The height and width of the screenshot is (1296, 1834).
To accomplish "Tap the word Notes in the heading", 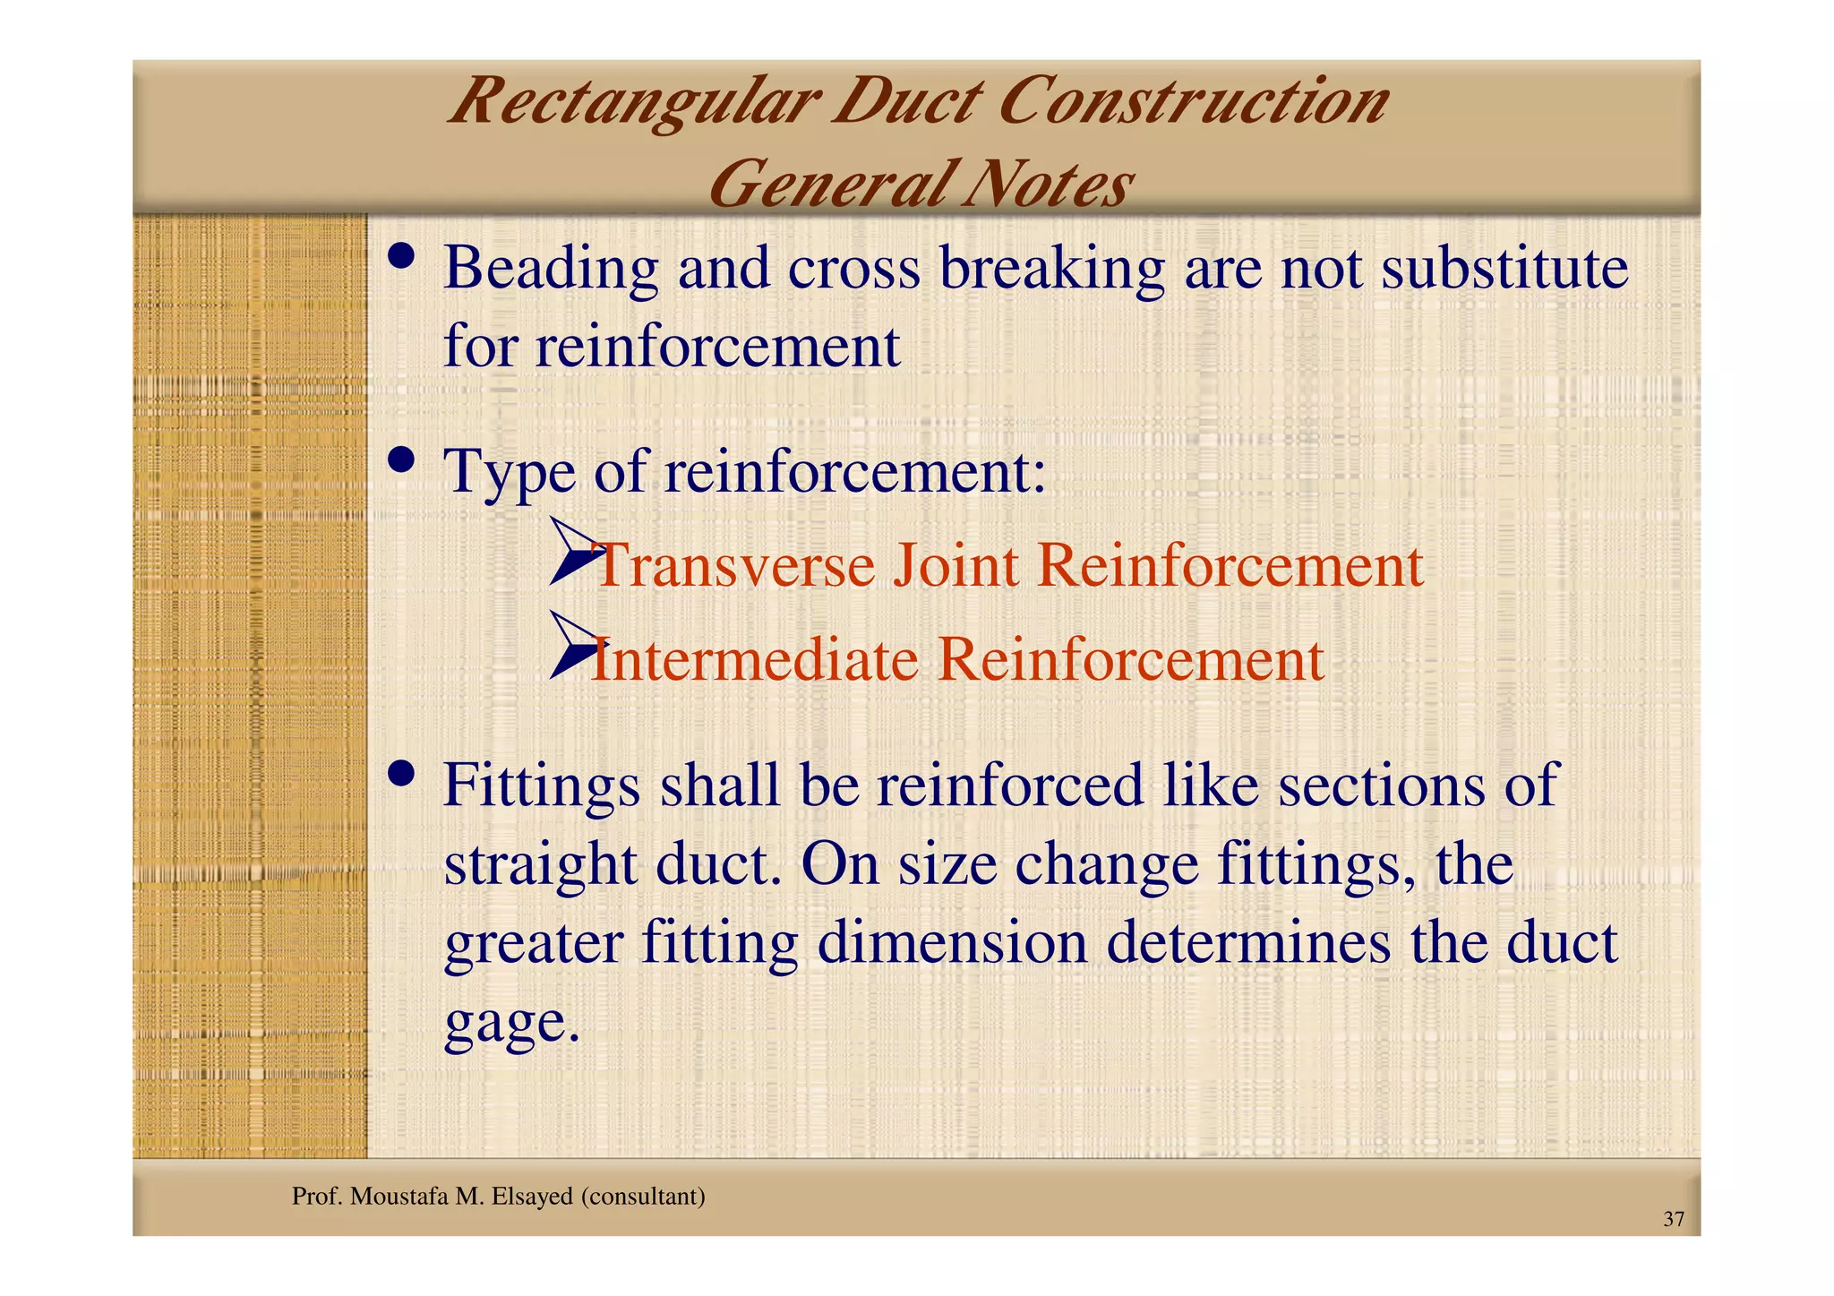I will pyautogui.click(x=1046, y=185).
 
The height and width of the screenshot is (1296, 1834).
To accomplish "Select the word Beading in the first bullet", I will pyautogui.click(x=550, y=268).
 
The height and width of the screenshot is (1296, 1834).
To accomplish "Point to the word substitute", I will pyautogui.click(x=1504, y=268).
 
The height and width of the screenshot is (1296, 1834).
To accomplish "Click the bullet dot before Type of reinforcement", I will pyautogui.click(x=401, y=461).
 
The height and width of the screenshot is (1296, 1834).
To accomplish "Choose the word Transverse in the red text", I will pyautogui.click(x=734, y=566).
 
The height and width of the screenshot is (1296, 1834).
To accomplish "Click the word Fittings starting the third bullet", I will pyautogui.click(x=541, y=785).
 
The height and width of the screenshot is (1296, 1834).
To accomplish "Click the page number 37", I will pyautogui.click(x=1673, y=1219).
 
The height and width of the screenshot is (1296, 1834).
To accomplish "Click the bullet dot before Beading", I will pyautogui.click(x=401, y=256).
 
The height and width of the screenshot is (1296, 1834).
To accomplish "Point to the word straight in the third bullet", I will pyautogui.click(x=540, y=864).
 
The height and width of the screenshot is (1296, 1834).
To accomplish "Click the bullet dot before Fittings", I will pyautogui.click(x=401, y=773).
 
